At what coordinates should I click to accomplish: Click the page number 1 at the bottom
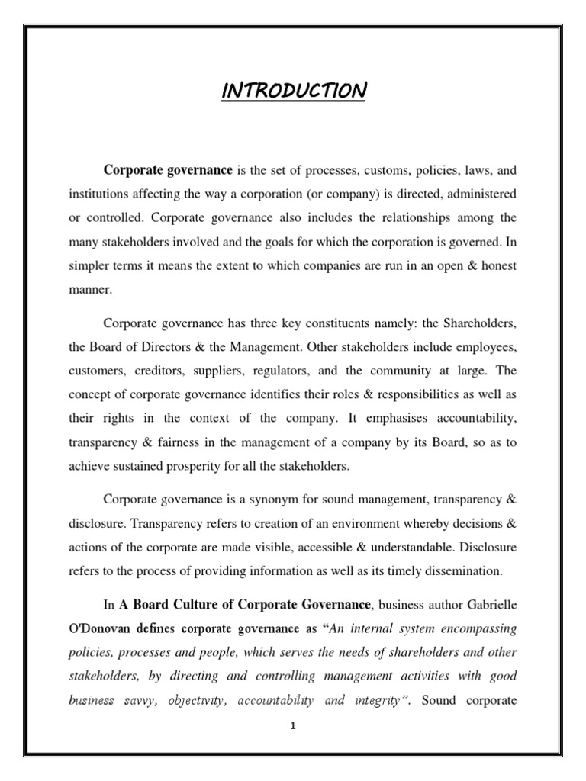(x=293, y=727)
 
